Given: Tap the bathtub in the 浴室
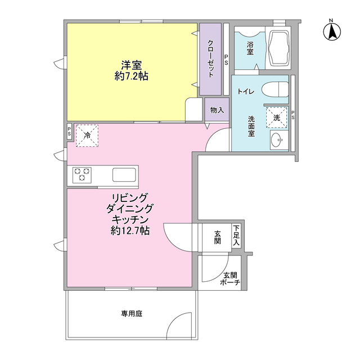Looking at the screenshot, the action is click(278, 48).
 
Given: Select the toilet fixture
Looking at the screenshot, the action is click(275, 89).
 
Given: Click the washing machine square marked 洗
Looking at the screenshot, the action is click(277, 117).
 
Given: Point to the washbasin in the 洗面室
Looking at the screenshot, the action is click(279, 140).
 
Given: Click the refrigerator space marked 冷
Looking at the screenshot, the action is click(87, 136).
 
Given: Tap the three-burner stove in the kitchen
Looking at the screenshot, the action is click(82, 175).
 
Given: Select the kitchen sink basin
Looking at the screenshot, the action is click(124, 175).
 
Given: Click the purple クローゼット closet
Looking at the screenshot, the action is click(210, 59).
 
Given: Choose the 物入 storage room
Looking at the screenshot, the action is click(217, 110).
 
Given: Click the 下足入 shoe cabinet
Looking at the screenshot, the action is click(236, 236).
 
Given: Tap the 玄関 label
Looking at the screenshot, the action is click(217, 237).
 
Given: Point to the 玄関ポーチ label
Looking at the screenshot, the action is click(230, 278).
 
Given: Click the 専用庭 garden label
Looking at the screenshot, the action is click(132, 313).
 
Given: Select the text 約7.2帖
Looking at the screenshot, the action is click(131, 76).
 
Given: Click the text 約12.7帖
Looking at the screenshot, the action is click(130, 231).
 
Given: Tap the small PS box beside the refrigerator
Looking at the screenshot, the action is click(69, 132).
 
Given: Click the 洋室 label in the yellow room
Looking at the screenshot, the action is click(132, 65).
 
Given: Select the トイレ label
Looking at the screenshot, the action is click(246, 92).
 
